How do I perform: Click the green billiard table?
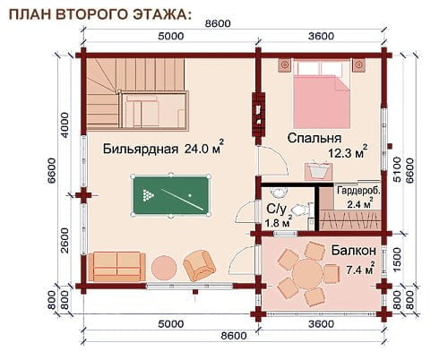point(170,195)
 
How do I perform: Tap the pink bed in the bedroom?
point(322,94)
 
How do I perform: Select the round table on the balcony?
point(307,273)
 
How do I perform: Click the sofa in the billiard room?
point(116,267)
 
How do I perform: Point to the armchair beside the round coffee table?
point(199,265)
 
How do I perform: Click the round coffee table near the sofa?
point(164,268)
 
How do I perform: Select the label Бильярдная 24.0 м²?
point(163,147)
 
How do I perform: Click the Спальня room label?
point(314,138)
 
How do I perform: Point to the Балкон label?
point(354,251)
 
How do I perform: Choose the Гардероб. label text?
point(358,191)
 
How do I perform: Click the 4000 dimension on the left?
point(65,125)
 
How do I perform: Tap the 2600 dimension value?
point(65,240)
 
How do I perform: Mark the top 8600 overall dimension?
point(218,23)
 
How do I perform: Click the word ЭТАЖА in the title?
point(161,14)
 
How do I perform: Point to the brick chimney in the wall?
point(259,115)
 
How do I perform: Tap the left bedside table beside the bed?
point(285,64)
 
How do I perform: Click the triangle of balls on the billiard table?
point(148,195)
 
